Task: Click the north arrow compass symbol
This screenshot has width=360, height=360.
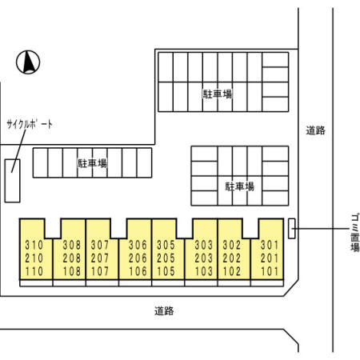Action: click(28, 62)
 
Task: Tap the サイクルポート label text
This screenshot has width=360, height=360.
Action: click(30, 125)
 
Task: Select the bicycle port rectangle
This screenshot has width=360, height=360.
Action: click(12, 181)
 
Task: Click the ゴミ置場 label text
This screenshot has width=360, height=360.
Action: click(354, 234)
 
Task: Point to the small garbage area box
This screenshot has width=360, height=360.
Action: click(292, 229)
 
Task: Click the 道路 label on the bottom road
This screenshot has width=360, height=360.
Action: click(164, 311)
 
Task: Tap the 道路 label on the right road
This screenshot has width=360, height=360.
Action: click(316, 130)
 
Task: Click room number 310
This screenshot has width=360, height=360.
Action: click(34, 245)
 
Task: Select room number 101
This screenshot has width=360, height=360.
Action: click(270, 271)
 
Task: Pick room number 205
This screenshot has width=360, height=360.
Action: click(166, 258)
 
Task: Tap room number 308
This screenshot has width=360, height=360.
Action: click(72, 245)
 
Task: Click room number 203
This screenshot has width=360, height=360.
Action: click(204, 258)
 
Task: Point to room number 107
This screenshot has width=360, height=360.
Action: click(100, 271)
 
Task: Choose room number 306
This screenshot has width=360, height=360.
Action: click(138, 245)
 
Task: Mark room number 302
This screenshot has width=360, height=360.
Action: click(232, 245)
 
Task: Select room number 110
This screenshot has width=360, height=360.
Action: click(34, 271)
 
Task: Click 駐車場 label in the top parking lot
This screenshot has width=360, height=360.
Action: click(218, 94)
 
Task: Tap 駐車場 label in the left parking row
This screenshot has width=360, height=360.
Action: click(92, 163)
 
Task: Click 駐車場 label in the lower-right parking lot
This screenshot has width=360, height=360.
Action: click(240, 186)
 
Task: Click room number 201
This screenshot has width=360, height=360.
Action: click(270, 258)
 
